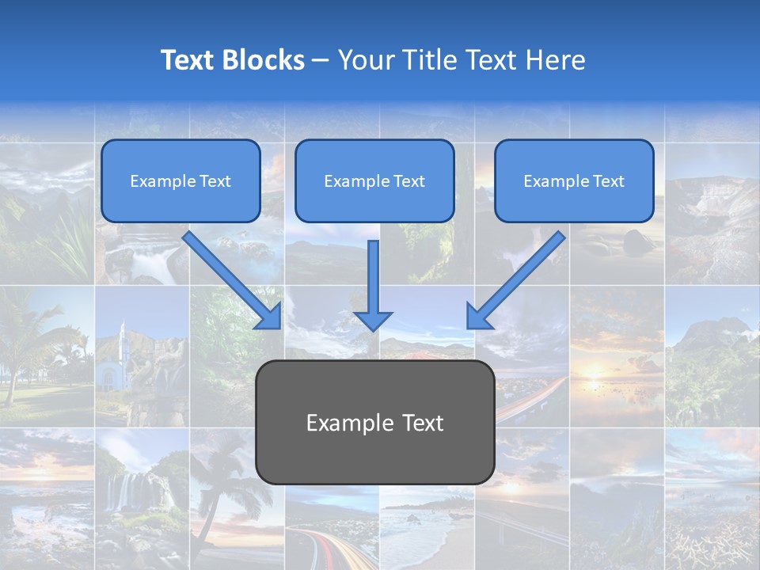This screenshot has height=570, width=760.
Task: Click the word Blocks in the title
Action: pos(264,60)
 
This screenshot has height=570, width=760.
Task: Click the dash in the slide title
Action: pos(321,61)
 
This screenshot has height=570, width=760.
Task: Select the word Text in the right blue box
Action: pos(609,181)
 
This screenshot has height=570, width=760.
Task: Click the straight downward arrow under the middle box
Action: pos(373,285)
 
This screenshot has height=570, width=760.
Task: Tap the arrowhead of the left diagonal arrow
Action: pos(270,317)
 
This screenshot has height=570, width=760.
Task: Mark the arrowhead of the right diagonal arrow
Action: pos(479,317)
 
